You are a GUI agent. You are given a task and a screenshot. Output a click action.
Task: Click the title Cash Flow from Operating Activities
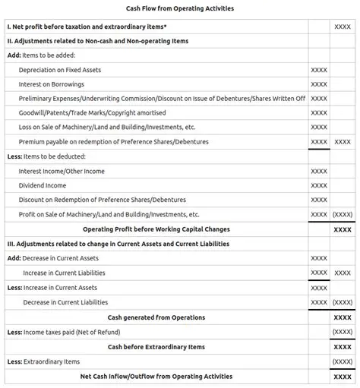(x=180, y=8)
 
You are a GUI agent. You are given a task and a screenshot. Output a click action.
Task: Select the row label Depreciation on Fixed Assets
(x=59, y=70)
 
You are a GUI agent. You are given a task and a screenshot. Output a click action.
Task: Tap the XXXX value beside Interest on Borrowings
(x=319, y=84)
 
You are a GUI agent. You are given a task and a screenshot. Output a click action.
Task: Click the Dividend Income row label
(x=43, y=185)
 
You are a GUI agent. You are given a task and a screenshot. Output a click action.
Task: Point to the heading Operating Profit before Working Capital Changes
(x=156, y=229)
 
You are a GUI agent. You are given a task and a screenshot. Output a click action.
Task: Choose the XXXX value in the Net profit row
(x=343, y=27)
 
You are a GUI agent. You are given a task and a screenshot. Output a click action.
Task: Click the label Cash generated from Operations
(x=156, y=317)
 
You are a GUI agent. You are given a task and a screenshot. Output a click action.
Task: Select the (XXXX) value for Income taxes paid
(x=343, y=332)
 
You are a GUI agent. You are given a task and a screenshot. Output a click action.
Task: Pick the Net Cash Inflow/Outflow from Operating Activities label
(x=156, y=376)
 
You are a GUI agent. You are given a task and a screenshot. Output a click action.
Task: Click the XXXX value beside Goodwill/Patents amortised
(x=319, y=113)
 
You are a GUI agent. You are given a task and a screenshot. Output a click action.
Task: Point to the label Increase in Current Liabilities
(x=64, y=273)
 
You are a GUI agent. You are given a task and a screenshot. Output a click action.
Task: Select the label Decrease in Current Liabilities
(x=65, y=302)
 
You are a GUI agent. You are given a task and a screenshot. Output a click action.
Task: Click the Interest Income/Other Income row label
(x=62, y=172)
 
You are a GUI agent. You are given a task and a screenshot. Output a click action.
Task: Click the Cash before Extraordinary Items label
(x=156, y=347)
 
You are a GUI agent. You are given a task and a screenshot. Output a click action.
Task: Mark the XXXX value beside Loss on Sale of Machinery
(x=319, y=128)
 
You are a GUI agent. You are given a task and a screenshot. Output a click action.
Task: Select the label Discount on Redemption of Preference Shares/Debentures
(x=102, y=200)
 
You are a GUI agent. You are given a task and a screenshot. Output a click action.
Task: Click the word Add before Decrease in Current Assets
(x=14, y=258)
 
